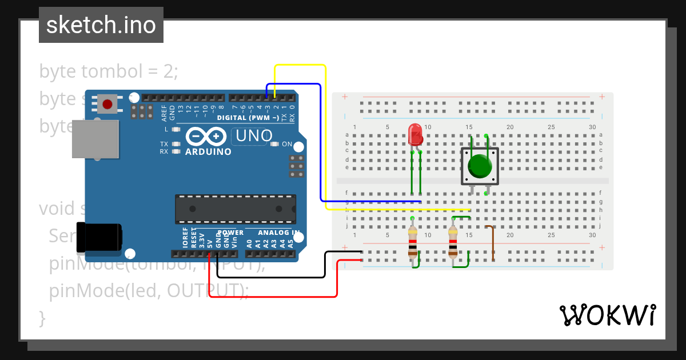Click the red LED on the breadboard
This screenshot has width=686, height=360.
pyautogui.click(x=416, y=135)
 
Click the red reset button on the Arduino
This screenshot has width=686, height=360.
pyautogui.click(x=107, y=104)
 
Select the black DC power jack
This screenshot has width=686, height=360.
pyautogui.click(x=99, y=237)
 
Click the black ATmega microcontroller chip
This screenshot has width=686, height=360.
pyautogui.click(x=236, y=209)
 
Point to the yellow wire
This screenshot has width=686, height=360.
pyautogui.click(x=326, y=137)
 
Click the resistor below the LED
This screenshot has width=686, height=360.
pyautogui.click(x=412, y=243)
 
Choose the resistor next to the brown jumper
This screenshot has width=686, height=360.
pyautogui.click(x=453, y=242)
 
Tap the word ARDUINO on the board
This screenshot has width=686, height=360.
pyautogui.click(x=208, y=152)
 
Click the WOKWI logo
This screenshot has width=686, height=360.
pyautogui.click(x=608, y=315)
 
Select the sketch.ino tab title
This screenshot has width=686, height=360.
pyautogui.click(x=101, y=25)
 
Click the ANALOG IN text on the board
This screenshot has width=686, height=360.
pyautogui.click(x=278, y=233)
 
